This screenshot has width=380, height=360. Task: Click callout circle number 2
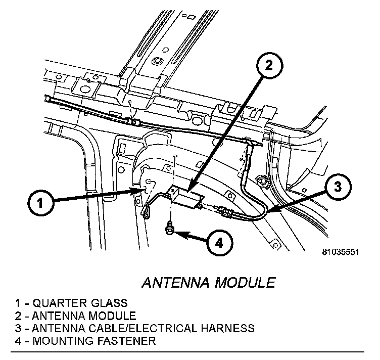[269, 65]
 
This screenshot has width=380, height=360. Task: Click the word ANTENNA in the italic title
[171, 282]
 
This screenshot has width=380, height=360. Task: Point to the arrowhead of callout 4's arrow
[178, 234]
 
